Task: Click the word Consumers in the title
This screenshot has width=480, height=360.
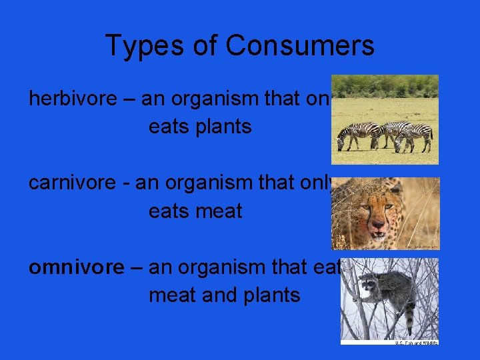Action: pyautogui.click(x=299, y=46)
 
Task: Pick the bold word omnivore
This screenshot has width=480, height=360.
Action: pyautogui.click(x=76, y=267)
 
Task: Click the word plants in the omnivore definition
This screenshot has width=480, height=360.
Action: pyautogui.click(x=266, y=295)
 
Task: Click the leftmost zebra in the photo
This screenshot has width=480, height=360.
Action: pyautogui.click(x=351, y=135)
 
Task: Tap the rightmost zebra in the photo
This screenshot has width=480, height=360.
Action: pyautogui.click(x=416, y=136)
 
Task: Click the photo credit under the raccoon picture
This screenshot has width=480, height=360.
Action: pyautogui.click(x=417, y=342)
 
